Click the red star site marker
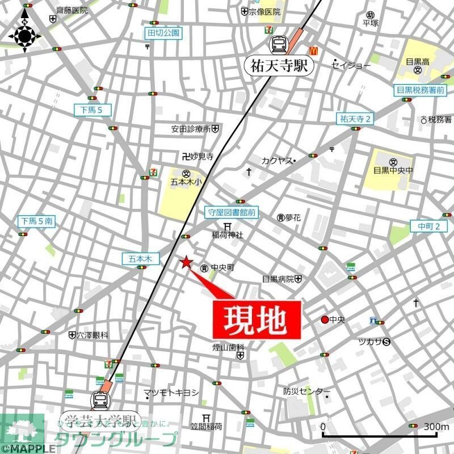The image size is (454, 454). coord(186,262)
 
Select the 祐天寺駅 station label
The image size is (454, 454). coord(279,65)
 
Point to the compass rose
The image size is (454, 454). coord(25,36)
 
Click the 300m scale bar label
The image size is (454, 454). coord(436,427)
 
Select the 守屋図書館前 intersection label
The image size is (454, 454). coord(231,213)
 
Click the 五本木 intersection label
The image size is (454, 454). coord(137,258)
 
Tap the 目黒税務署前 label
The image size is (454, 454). coord(421,90)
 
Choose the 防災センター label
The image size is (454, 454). coord(306,392)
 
